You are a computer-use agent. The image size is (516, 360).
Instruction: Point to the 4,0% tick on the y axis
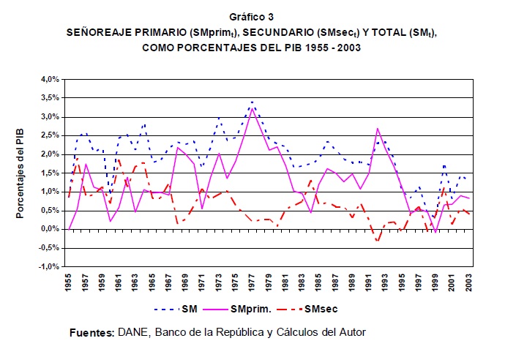[x=48, y=78]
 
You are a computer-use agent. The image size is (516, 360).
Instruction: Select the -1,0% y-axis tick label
[x=48, y=266]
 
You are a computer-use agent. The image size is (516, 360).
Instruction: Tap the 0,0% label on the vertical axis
[x=48, y=229]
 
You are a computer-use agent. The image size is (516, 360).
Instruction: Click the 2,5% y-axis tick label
[x=48, y=135]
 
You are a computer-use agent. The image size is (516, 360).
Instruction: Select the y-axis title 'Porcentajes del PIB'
[x=20, y=171]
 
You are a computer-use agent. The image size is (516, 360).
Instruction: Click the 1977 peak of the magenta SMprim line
[x=253, y=108]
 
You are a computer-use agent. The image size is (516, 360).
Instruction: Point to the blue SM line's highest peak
[x=252, y=102]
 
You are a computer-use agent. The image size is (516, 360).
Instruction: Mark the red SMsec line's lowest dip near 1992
[x=378, y=241]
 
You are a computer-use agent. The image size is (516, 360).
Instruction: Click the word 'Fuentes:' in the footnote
[x=91, y=333]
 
